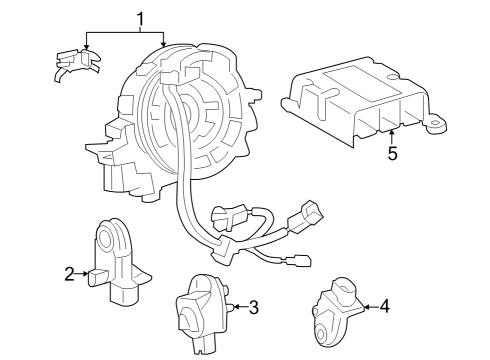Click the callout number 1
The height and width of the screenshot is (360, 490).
pyautogui.click(x=141, y=18)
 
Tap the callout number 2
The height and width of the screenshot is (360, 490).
pyautogui.click(x=69, y=273)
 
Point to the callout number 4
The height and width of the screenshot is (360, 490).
pyautogui.click(x=385, y=307)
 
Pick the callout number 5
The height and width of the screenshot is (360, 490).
pyautogui.click(x=393, y=154)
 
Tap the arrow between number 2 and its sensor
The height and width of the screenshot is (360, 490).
pyautogui.click(x=84, y=273)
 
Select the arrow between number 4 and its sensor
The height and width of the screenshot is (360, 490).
pyautogui.click(x=369, y=307)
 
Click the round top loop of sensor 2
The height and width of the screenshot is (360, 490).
pyautogui.click(x=109, y=238)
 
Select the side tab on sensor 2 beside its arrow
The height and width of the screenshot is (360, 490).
pyautogui.click(x=97, y=274)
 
